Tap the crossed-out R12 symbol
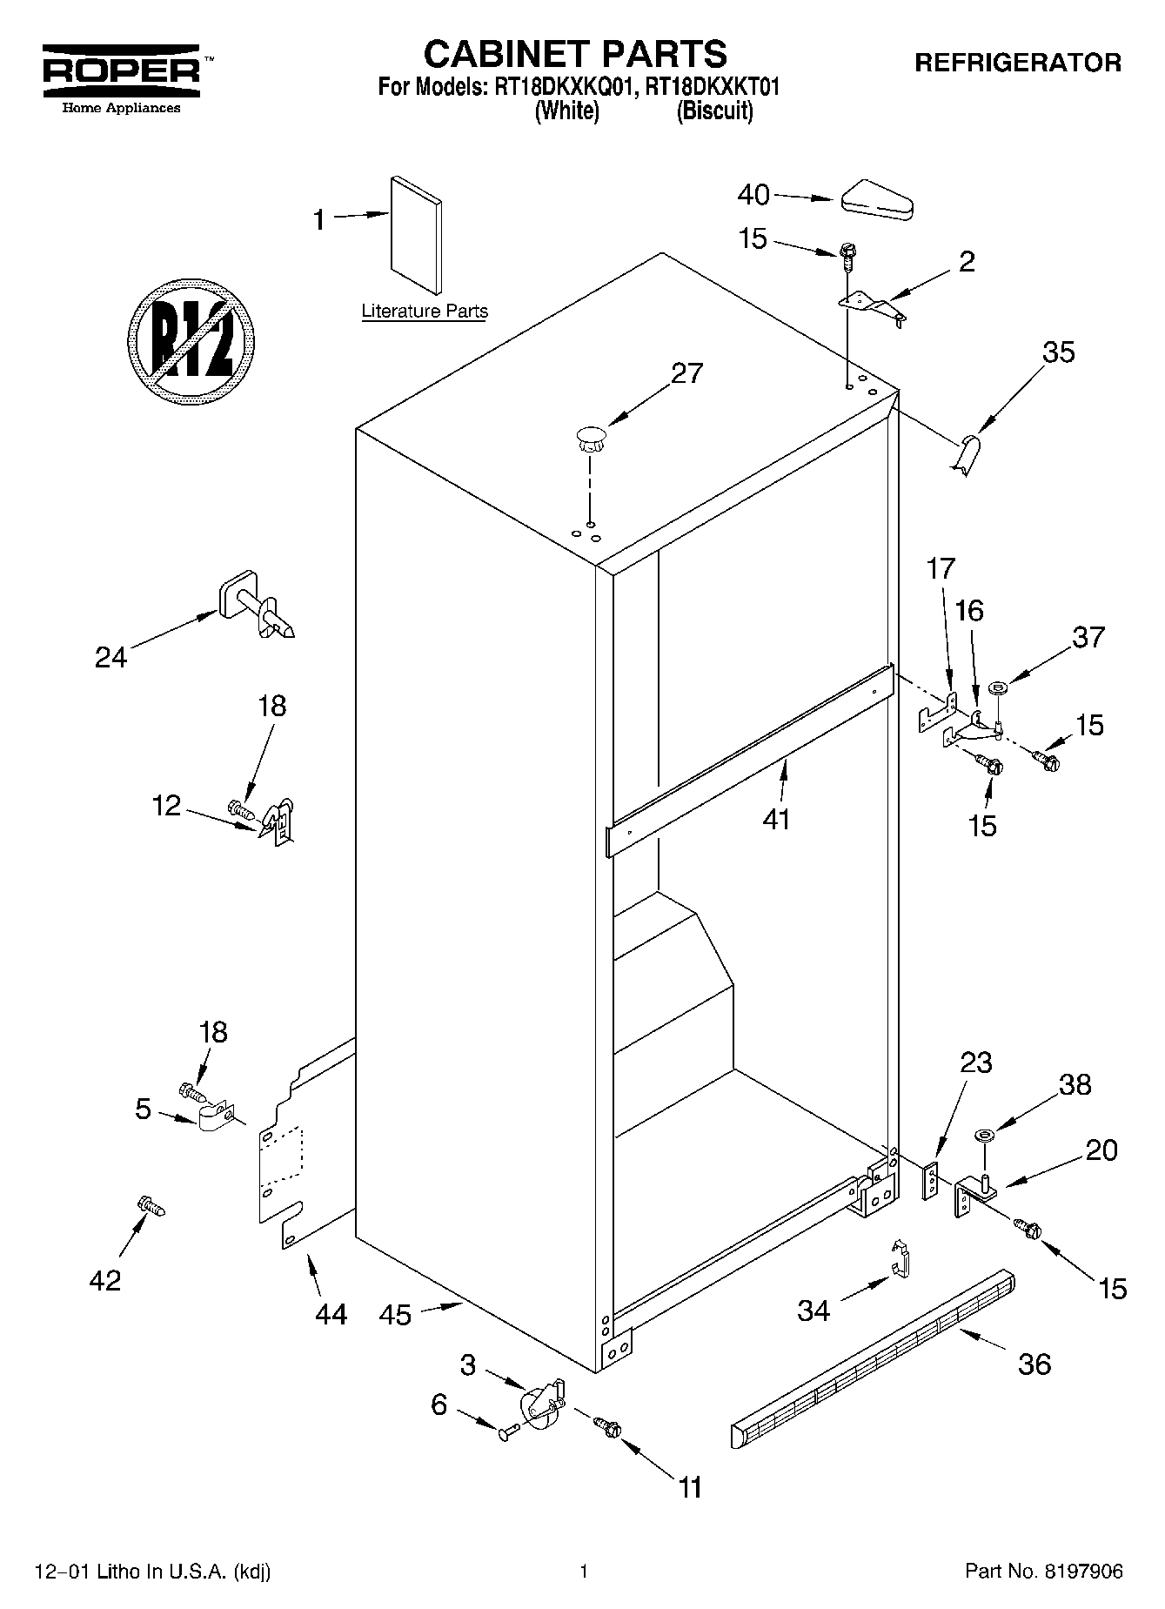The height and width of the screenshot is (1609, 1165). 191,339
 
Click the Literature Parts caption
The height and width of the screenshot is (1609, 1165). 425,312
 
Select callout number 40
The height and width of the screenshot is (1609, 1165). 753,195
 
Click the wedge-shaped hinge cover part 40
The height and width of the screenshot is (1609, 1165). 875,199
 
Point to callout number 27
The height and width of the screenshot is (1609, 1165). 686,373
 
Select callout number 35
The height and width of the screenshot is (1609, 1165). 1058,352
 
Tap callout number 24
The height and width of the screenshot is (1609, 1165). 111,658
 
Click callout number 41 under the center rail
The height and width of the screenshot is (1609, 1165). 776,819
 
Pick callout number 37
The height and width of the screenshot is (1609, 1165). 1088,637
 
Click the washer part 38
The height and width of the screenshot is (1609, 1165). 986,1135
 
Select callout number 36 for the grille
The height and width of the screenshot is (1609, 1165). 1034,1364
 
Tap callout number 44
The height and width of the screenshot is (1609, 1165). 331,1313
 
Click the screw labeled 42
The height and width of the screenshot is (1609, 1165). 150,1206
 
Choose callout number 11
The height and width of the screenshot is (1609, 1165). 690,1487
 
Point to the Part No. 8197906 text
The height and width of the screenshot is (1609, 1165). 1043,1572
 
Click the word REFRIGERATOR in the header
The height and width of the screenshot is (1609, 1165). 1016,63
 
